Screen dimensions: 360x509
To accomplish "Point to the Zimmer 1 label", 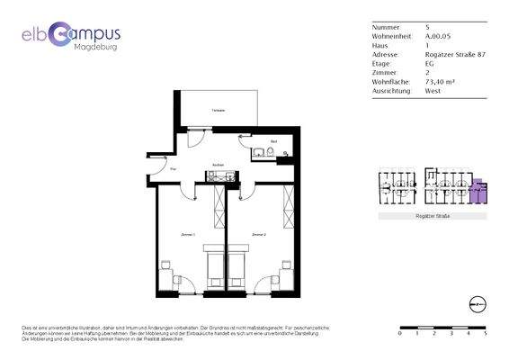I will coord(189,234).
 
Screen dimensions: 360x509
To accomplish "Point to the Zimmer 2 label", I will coord(259,234).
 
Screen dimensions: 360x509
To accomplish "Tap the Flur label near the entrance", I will coord(173,169).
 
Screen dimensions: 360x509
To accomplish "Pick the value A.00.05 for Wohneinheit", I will coord(439,36).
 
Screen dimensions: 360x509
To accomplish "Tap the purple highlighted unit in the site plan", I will coord(479,191).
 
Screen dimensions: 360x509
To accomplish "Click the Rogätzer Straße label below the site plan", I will coord(432,217).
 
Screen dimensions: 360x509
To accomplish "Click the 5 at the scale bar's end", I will coord(486,333).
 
